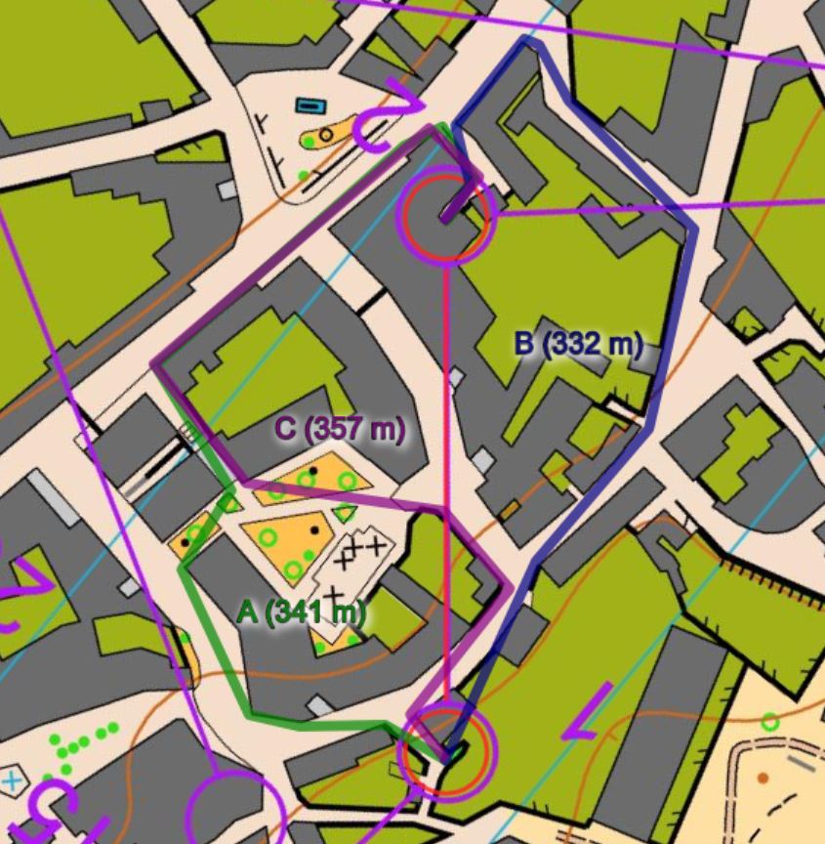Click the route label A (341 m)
tap(302, 612)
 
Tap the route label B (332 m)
tap(578, 344)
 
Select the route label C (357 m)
tap(339, 429)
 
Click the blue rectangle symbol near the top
tap(310, 105)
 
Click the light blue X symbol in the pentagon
tap(11, 781)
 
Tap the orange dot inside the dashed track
tap(763, 779)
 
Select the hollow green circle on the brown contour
tap(769, 722)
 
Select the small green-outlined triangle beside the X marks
tap(343, 513)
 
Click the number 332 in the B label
tap(578, 344)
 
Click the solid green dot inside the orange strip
tap(309, 142)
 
